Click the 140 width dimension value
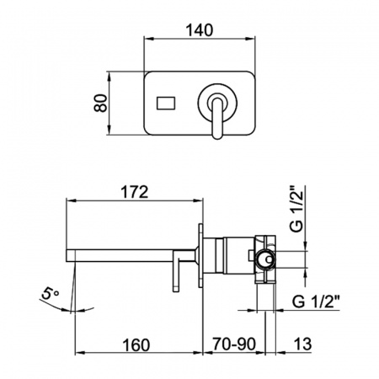click(x=200, y=30)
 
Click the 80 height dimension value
click(x=101, y=103)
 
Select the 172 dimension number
click(x=134, y=192)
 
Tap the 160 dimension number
click(x=136, y=345)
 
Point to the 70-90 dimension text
click(x=234, y=344)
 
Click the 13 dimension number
click(x=302, y=344)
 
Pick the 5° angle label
click(x=51, y=294)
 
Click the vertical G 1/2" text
click(x=297, y=208)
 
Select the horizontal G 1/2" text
click(x=316, y=302)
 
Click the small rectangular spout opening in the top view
click(x=166, y=103)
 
